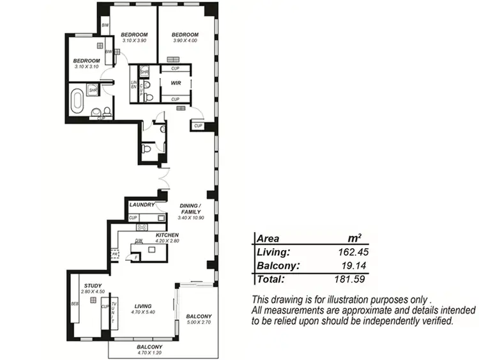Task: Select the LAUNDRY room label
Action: point(141,205)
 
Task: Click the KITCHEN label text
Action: point(167,235)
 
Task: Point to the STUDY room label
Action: point(93,285)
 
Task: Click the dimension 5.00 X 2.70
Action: point(198,323)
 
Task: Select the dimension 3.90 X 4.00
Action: point(186,41)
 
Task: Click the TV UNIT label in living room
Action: point(114,311)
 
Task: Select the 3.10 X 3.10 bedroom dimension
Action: point(87,67)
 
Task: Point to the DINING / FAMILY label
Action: point(190,208)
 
